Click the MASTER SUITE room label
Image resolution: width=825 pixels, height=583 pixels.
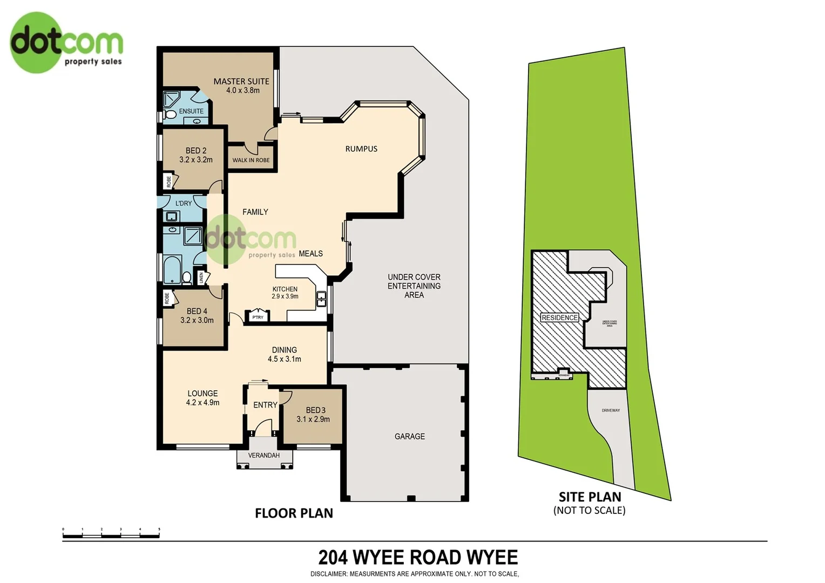[x=241, y=82]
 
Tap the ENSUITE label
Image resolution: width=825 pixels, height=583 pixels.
[x=191, y=111]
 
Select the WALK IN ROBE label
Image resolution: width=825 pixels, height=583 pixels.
[x=251, y=160]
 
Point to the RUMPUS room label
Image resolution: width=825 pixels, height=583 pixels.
[x=361, y=149]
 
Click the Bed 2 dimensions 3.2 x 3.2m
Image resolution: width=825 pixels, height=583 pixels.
[x=196, y=160]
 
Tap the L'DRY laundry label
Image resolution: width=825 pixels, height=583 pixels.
[x=184, y=204]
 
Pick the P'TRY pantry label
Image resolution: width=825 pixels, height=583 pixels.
[x=258, y=317]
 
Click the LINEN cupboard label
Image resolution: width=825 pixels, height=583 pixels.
[x=201, y=278]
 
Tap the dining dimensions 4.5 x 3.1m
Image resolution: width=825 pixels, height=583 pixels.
[x=285, y=359]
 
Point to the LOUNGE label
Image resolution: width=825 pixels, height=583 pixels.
[x=202, y=394]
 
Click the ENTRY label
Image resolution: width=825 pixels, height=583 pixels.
[x=265, y=405]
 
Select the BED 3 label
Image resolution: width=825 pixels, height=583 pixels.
[x=315, y=410]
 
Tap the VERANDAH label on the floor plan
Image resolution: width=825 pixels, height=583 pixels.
[x=264, y=456]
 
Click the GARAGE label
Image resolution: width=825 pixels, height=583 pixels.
[x=410, y=436]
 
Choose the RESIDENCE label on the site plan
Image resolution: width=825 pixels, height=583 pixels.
[x=559, y=318]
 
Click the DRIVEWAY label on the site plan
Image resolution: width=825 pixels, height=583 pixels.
[x=611, y=411]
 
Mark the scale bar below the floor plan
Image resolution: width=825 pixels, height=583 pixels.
[x=111, y=535]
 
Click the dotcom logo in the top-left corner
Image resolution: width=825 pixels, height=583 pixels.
[x=66, y=43]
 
